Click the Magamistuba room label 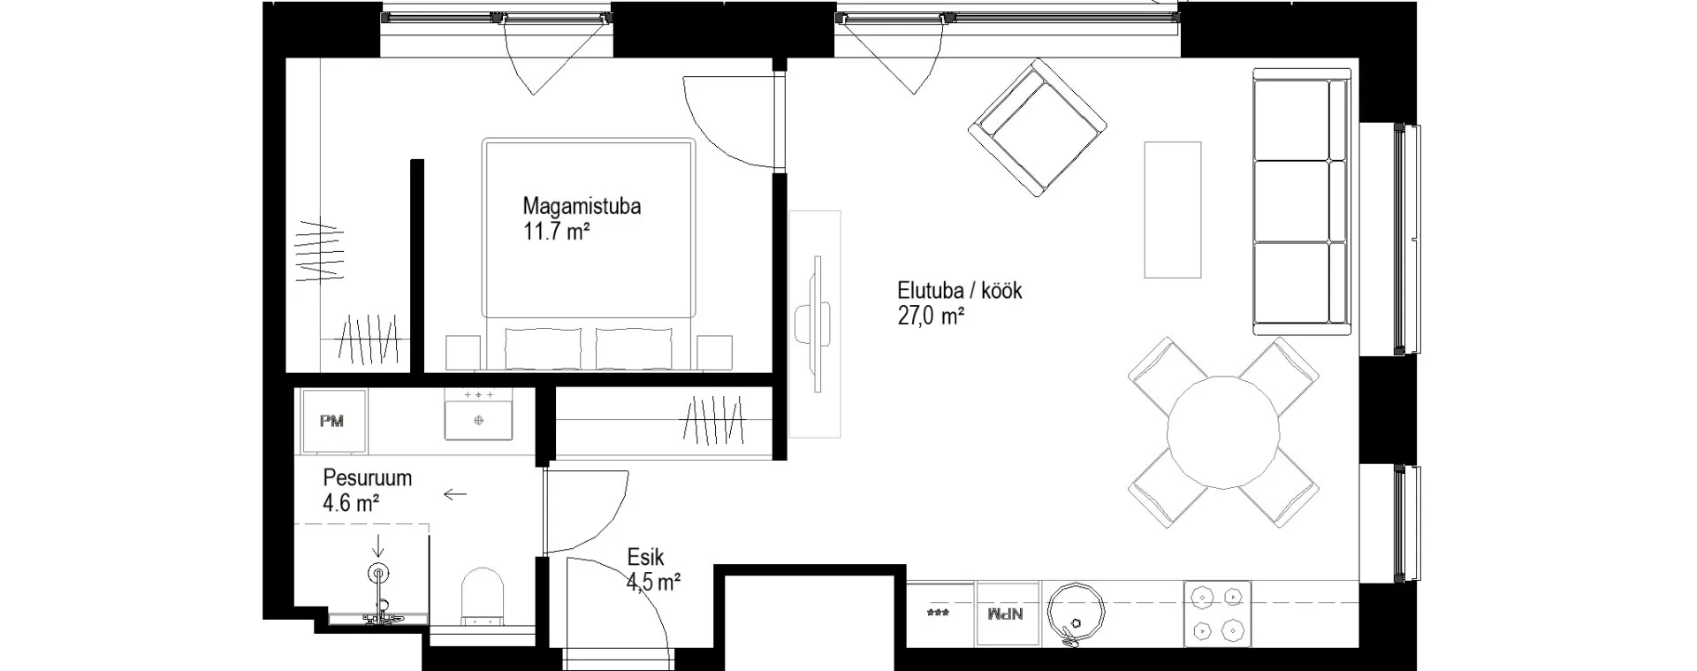pyautogui.click(x=582, y=206)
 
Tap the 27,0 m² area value pyautogui.click(x=931, y=316)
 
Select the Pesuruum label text pyautogui.click(x=367, y=478)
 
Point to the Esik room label pyautogui.click(x=645, y=557)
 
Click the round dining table pyautogui.click(x=1223, y=432)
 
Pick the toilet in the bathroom pyautogui.click(x=483, y=598)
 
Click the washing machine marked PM pyautogui.click(x=331, y=421)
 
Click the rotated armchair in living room pyautogui.click(x=1038, y=128)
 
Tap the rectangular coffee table pyautogui.click(x=1173, y=209)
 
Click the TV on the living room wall pyautogui.click(x=819, y=324)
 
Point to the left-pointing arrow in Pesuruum pyautogui.click(x=454, y=494)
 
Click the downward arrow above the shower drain pyautogui.click(x=379, y=545)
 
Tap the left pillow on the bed pyautogui.click(x=543, y=348)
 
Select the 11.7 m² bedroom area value pyautogui.click(x=556, y=232)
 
